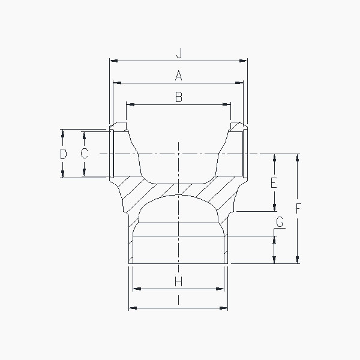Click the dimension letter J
179,53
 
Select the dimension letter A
179,76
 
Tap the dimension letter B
179,97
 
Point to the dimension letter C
84,154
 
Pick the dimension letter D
64,154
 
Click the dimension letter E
274,183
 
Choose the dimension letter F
298,208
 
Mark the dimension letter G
280,222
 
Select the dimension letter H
178,281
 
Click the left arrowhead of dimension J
113,61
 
